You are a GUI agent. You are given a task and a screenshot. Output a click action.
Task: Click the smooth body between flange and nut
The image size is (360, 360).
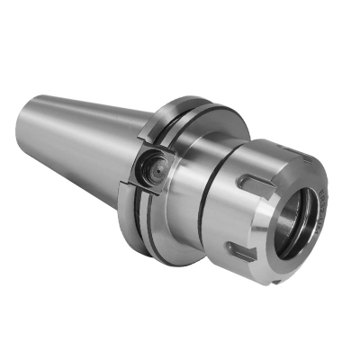(184, 193)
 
